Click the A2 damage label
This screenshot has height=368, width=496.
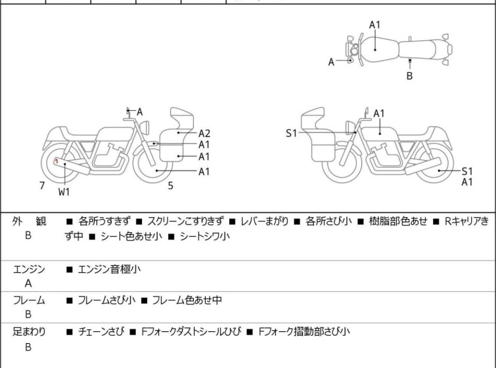click(204, 133)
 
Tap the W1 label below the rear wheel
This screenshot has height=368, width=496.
click(64, 192)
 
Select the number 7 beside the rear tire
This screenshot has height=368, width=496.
click(42, 186)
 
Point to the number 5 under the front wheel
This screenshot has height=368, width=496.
click(170, 186)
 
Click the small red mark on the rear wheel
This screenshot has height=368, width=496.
click(57, 161)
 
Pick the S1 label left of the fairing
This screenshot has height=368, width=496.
click(292, 133)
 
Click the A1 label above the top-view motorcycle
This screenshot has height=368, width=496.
click(374, 25)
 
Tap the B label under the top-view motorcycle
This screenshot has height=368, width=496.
click(409, 76)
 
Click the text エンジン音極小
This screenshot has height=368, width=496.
click(109, 269)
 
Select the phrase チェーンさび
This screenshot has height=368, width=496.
click(100, 332)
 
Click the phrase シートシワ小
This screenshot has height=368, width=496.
click(205, 237)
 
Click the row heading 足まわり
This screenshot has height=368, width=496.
click(30, 332)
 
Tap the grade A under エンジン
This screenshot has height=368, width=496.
click(28, 284)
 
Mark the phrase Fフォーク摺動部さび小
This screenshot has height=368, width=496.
click(305, 332)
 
